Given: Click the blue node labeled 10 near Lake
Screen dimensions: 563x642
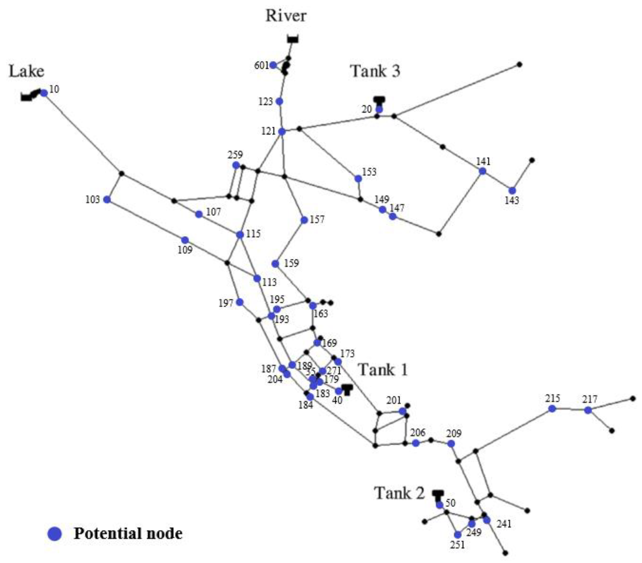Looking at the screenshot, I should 44,93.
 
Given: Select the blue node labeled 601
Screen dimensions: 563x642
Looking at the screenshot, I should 273,65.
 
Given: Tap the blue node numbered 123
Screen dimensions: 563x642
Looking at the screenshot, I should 279,101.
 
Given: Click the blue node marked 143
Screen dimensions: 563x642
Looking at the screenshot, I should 512,191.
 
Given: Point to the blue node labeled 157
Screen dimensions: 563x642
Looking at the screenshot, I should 304,220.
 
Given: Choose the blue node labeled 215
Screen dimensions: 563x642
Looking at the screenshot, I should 552,409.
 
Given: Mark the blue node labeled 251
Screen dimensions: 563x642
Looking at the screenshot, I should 458,535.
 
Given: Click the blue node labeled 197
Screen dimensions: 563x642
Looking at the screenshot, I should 240,302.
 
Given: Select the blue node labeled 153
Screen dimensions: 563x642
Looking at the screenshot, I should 358,178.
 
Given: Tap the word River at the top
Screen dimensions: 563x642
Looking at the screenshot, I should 286,16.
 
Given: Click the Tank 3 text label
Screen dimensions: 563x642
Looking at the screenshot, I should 375,71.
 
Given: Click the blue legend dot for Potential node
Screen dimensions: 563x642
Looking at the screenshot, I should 55,534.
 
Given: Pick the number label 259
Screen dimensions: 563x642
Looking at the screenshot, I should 235,155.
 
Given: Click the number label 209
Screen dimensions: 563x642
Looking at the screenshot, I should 454,433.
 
